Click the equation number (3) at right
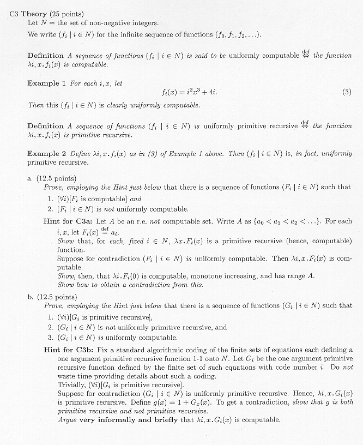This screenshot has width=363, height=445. point(347,92)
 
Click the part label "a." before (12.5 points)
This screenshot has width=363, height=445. point(31,178)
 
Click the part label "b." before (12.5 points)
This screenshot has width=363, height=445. point(31,297)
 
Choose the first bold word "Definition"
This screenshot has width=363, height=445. point(46,56)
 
